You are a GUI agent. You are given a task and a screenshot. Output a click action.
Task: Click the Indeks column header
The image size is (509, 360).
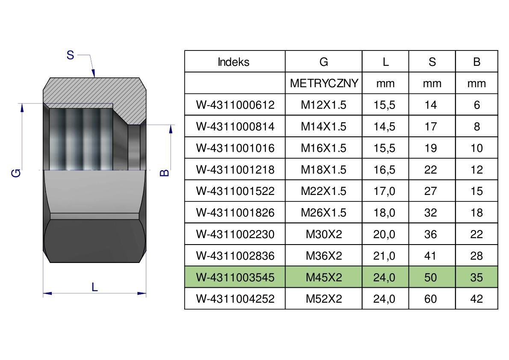click(233, 62)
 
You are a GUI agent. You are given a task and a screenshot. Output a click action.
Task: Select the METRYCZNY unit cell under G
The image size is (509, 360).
click(324, 83)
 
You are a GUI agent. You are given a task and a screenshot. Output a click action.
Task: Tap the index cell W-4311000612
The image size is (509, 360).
click(235, 105)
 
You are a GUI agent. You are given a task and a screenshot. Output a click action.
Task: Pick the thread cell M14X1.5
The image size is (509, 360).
click(324, 126)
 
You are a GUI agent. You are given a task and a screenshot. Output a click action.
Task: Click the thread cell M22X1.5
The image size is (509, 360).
click(324, 191)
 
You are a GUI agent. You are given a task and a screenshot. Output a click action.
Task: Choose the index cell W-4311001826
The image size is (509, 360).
click(235, 212)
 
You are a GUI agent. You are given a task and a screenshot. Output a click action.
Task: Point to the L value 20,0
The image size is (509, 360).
click(384, 234)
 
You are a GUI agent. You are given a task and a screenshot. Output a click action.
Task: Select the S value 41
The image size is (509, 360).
click(430, 256)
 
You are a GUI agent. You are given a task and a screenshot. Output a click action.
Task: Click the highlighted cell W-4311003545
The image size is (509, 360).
click(235, 277)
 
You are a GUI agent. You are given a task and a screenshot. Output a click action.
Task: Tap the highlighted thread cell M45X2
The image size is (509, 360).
click(324, 277)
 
